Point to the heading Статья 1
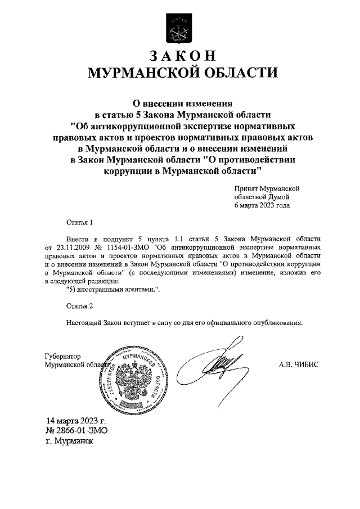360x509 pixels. (x=78, y=222)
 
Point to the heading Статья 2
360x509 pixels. (x=78, y=307)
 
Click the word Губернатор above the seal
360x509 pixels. (x=62, y=357)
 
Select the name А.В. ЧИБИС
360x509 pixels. (x=298, y=364)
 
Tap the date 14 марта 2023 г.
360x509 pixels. (x=76, y=421)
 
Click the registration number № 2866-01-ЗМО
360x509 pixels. (x=76, y=431)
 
